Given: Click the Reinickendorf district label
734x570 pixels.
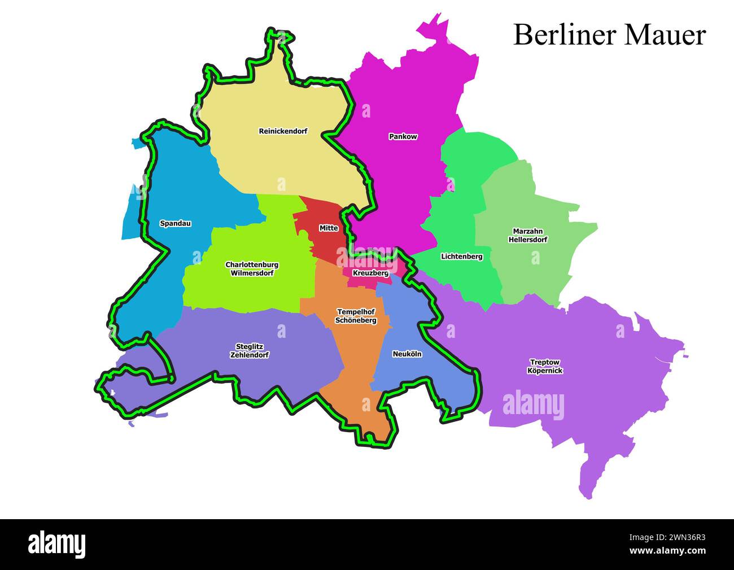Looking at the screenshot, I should [x=283, y=131].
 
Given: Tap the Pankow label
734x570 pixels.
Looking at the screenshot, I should [x=403, y=137].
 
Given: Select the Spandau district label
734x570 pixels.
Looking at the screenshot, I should [x=175, y=224].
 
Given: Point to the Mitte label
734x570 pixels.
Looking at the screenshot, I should [x=329, y=228].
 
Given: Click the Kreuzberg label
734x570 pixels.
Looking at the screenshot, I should [x=370, y=273].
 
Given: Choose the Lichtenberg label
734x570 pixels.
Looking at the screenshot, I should [x=461, y=256].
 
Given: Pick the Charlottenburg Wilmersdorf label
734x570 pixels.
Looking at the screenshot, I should [x=252, y=269].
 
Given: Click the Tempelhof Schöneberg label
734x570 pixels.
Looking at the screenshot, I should [x=356, y=316].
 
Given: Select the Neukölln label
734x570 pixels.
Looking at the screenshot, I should [x=407, y=354].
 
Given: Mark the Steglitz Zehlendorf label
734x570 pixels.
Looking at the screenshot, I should [x=249, y=351].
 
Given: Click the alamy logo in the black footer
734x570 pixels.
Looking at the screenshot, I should [x=57, y=544].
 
